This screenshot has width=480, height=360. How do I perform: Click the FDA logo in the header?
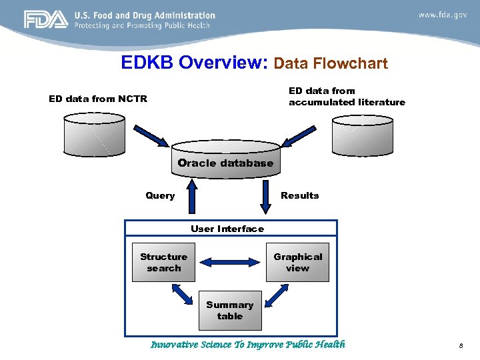click(45, 20)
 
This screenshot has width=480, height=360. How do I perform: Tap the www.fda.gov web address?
click(443, 15)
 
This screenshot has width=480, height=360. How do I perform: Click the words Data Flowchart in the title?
click(331, 64)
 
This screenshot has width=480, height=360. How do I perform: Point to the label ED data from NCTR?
click(98, 99)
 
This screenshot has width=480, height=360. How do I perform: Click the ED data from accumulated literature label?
click(346, 96)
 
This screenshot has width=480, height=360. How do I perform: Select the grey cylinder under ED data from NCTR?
click(94, 133)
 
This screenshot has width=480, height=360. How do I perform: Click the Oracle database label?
click(225, 163)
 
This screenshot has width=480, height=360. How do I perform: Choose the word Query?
click(160, 195)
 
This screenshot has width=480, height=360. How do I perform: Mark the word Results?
click(299, 195)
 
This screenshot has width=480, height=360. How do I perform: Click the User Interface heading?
click(227, 229)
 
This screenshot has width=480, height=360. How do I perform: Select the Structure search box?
click(164, 263)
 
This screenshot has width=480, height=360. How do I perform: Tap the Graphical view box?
click(297, 263)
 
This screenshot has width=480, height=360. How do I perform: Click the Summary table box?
click(230, 311)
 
